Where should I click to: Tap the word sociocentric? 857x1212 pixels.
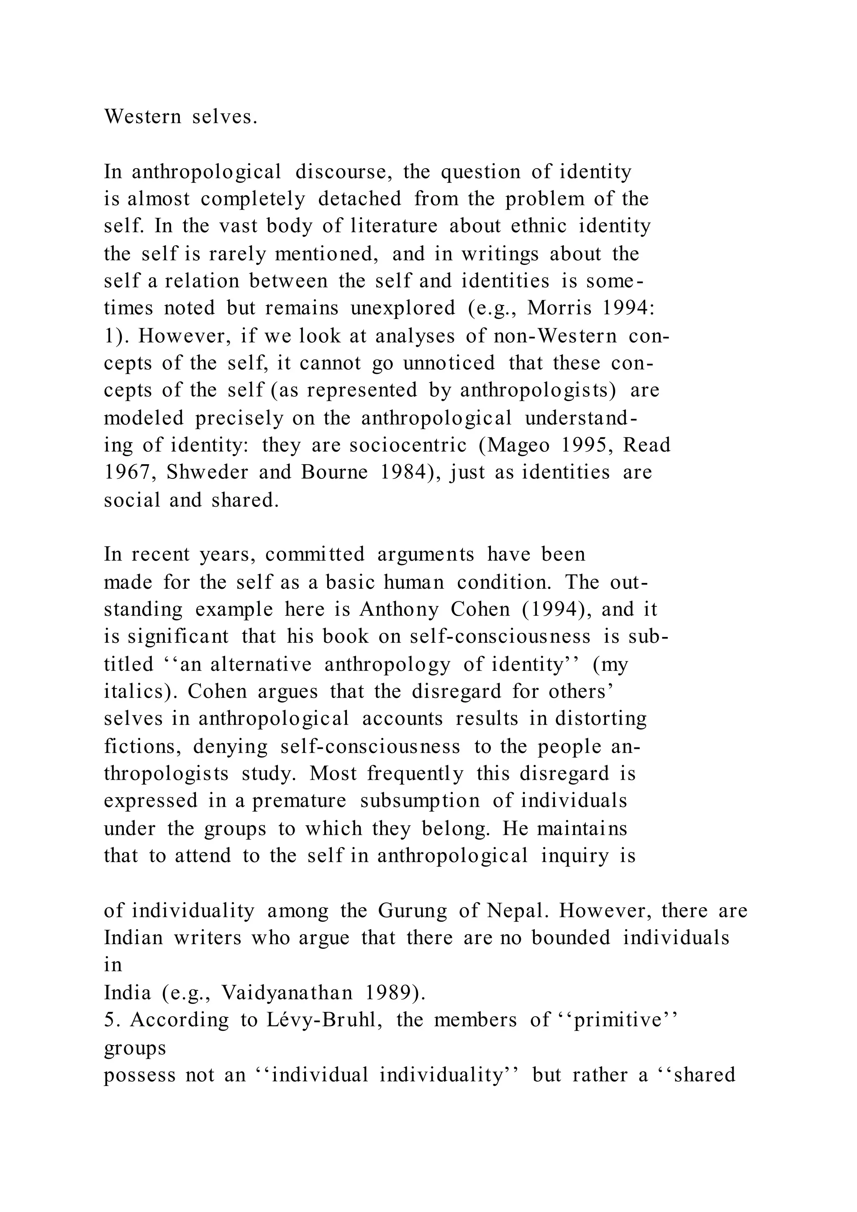pos(408,445)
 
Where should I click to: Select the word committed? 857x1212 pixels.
pos(315,555)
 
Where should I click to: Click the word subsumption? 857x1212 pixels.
pos(420,801)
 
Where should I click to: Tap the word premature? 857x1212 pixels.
pos(299,801)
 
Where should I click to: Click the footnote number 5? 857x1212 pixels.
pos(109,1020)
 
